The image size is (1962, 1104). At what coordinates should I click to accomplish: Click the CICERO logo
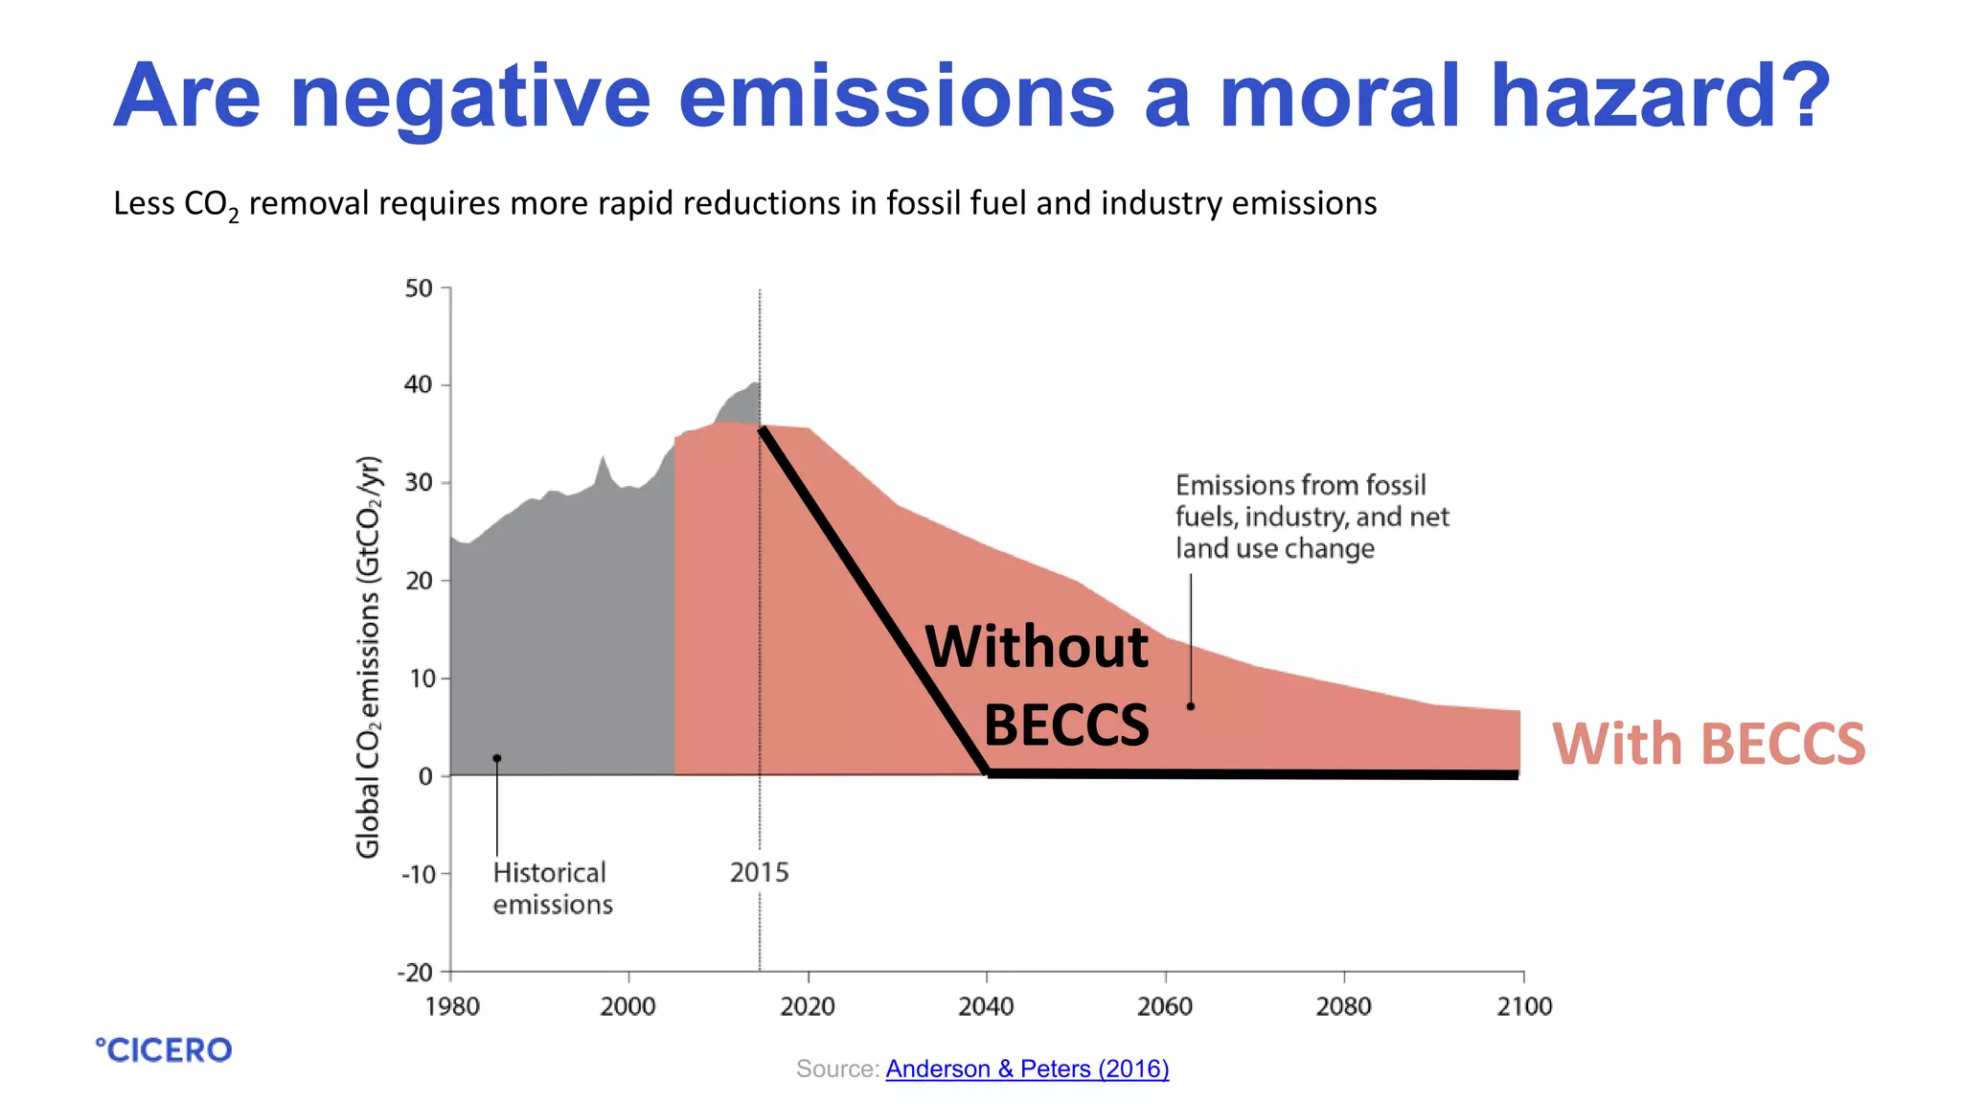(x=164, y=1050)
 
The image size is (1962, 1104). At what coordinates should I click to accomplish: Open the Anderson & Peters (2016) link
(x=1027, y=1069)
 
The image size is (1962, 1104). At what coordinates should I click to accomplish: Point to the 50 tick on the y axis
(x=419, y=288)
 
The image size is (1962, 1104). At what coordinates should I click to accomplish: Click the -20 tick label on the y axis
(x=416, y=973)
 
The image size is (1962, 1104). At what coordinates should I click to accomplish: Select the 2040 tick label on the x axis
(x=986, y=1006)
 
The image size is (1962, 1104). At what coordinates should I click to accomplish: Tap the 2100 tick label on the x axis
(x=1523, y=1006)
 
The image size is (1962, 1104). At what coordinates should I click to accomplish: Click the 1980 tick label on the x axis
(x=452, y=1006)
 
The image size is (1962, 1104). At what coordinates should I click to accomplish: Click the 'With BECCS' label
(x=1708, y=745)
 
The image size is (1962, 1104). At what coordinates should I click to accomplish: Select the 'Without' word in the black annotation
(x=1037, y=647)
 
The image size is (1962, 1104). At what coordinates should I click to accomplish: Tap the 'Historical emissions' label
(x=552, y=888)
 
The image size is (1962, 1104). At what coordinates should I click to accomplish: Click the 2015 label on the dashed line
(x=759, y=872)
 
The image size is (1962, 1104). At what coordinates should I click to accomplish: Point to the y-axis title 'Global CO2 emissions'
(x=369, y=656)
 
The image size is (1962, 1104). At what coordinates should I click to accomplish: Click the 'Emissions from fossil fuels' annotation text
(x=1311, y=517)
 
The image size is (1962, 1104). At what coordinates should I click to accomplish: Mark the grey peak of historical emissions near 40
(x=755, y=384)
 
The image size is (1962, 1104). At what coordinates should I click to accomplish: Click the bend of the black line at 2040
(x=988, y=771)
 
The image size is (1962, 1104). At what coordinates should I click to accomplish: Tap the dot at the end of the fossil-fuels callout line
(x=1191, y=706)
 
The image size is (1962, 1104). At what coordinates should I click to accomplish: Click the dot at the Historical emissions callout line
(x=497, y=759)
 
